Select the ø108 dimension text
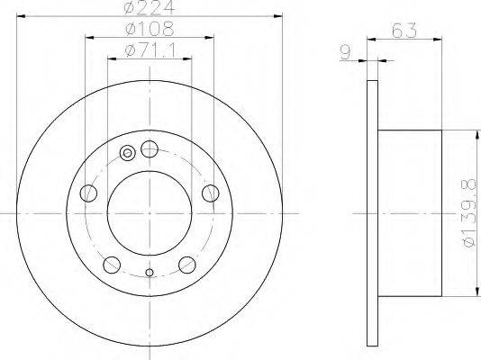(x=150, y=29)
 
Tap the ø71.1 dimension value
(x=151, y=49)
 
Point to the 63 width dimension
(x=404, y=31)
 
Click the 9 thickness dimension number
(x=346, y=53)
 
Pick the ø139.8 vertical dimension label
(x=469, y=213)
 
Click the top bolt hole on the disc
(x=150, y=149)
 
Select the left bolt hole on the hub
(x=88, y=193)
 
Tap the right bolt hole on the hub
(x=211, y=193)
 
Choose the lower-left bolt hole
(x=112, y=265)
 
